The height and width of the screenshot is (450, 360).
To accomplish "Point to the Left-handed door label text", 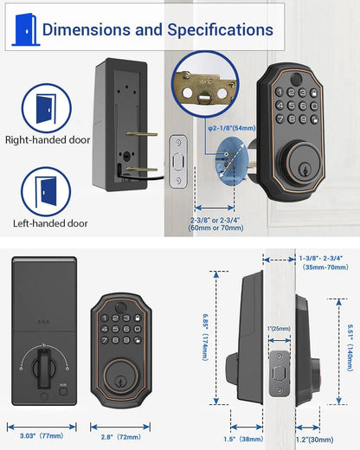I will tap(50, 222).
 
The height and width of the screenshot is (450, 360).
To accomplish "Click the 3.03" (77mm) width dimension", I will tap(41, 427).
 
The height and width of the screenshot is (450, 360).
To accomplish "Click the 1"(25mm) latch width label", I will tap(278, 328).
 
